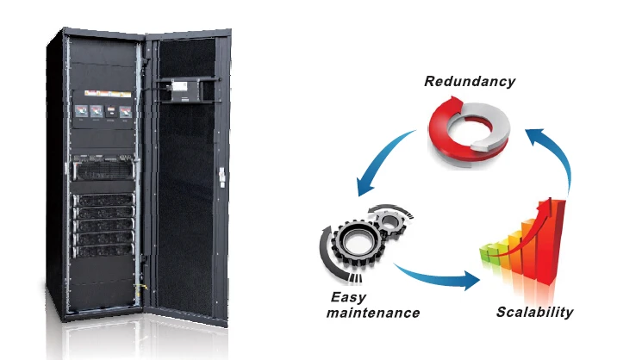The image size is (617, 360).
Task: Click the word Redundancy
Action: [x=470, y=82]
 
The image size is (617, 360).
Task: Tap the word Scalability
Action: [x=534, y=312]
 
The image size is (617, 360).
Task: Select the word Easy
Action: [x=349, y=297]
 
